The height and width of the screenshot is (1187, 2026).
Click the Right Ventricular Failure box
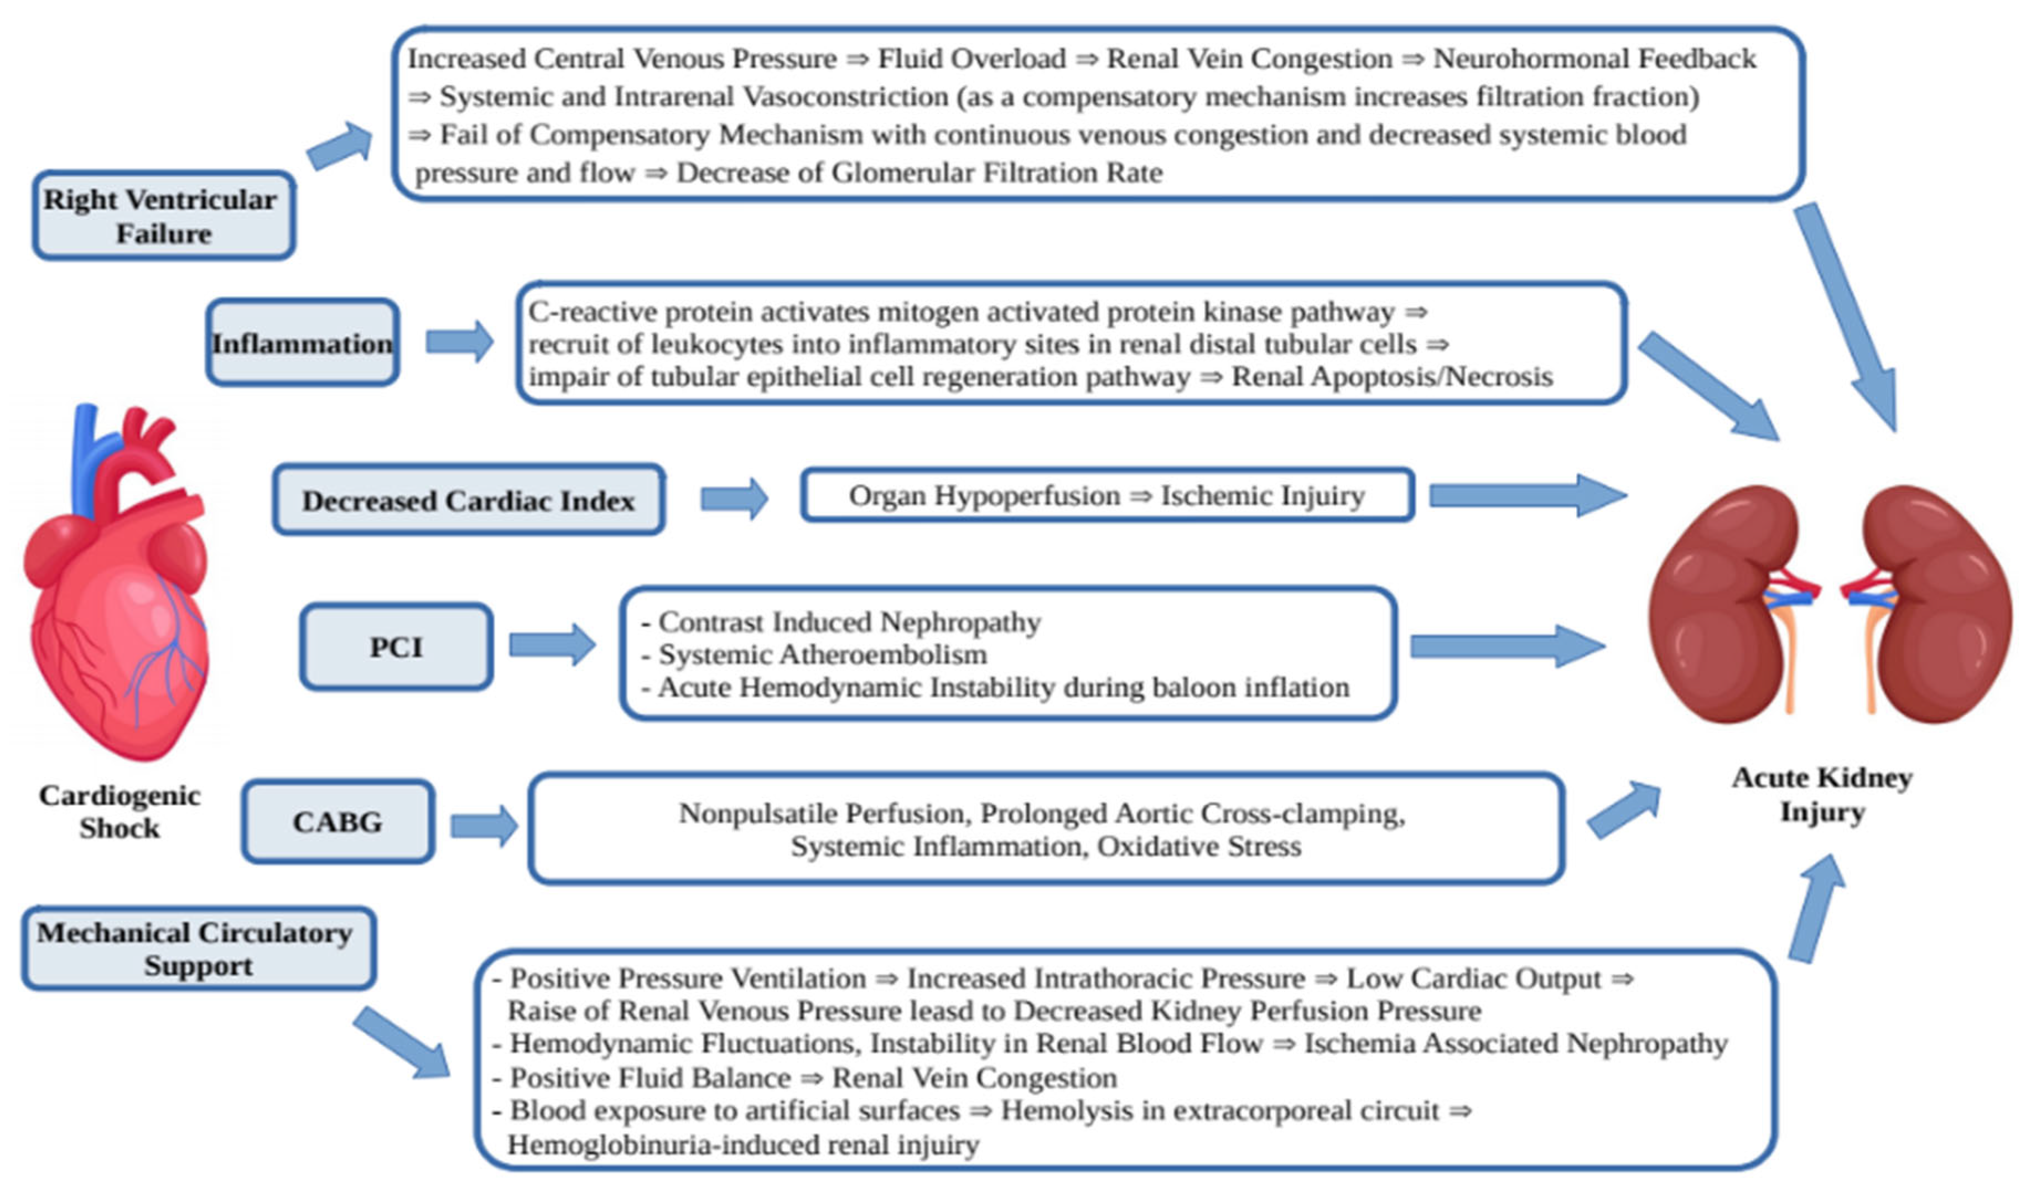(x=163, y=216)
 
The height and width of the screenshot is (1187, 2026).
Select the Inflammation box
(x=302, y=343)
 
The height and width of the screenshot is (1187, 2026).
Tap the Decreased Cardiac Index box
(x=469, y=500)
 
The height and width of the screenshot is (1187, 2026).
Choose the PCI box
(x=396, y=647)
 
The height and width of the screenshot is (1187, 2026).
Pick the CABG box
(x=337, y=822)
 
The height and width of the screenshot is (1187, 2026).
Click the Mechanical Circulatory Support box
(x=198, y=948)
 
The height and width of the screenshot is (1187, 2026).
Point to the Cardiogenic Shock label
(x=120, y=811)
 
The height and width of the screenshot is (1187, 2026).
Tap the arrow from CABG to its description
(x=484, y=826)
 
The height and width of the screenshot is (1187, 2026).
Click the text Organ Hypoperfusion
(x=984, y=496)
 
